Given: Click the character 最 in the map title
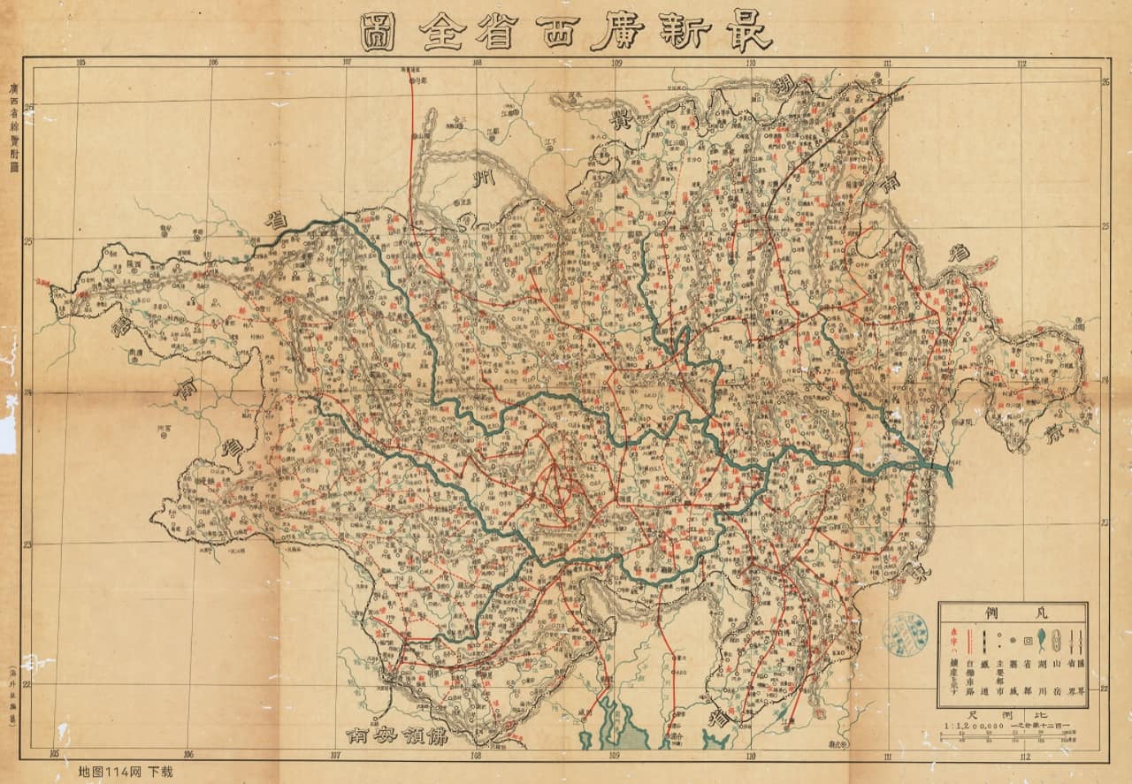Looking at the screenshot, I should (748, 32).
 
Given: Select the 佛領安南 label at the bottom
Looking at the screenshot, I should (399, 735).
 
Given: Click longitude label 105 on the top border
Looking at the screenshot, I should (80, 63).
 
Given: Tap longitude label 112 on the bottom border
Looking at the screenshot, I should (1024, 757).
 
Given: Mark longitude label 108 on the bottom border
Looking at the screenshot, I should (478, 757).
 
